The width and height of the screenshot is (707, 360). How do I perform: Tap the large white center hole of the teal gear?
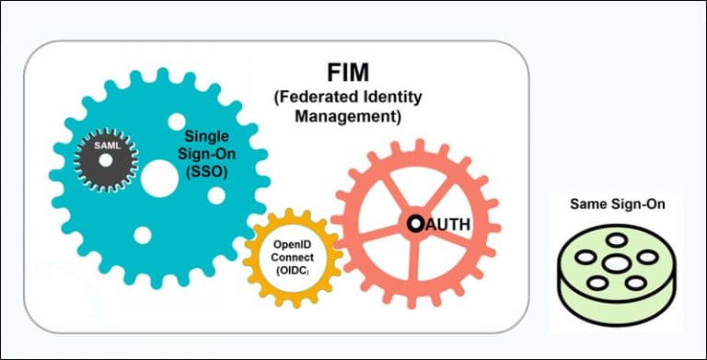(x=158, y=177)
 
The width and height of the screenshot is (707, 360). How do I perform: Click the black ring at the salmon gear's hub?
(x=416, y=223)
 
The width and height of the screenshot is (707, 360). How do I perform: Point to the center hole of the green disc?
(x=612, y=261)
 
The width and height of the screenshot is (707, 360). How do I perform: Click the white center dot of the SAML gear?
(x=106, y=160)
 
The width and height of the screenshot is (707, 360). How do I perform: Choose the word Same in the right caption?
(x=585, y=203)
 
